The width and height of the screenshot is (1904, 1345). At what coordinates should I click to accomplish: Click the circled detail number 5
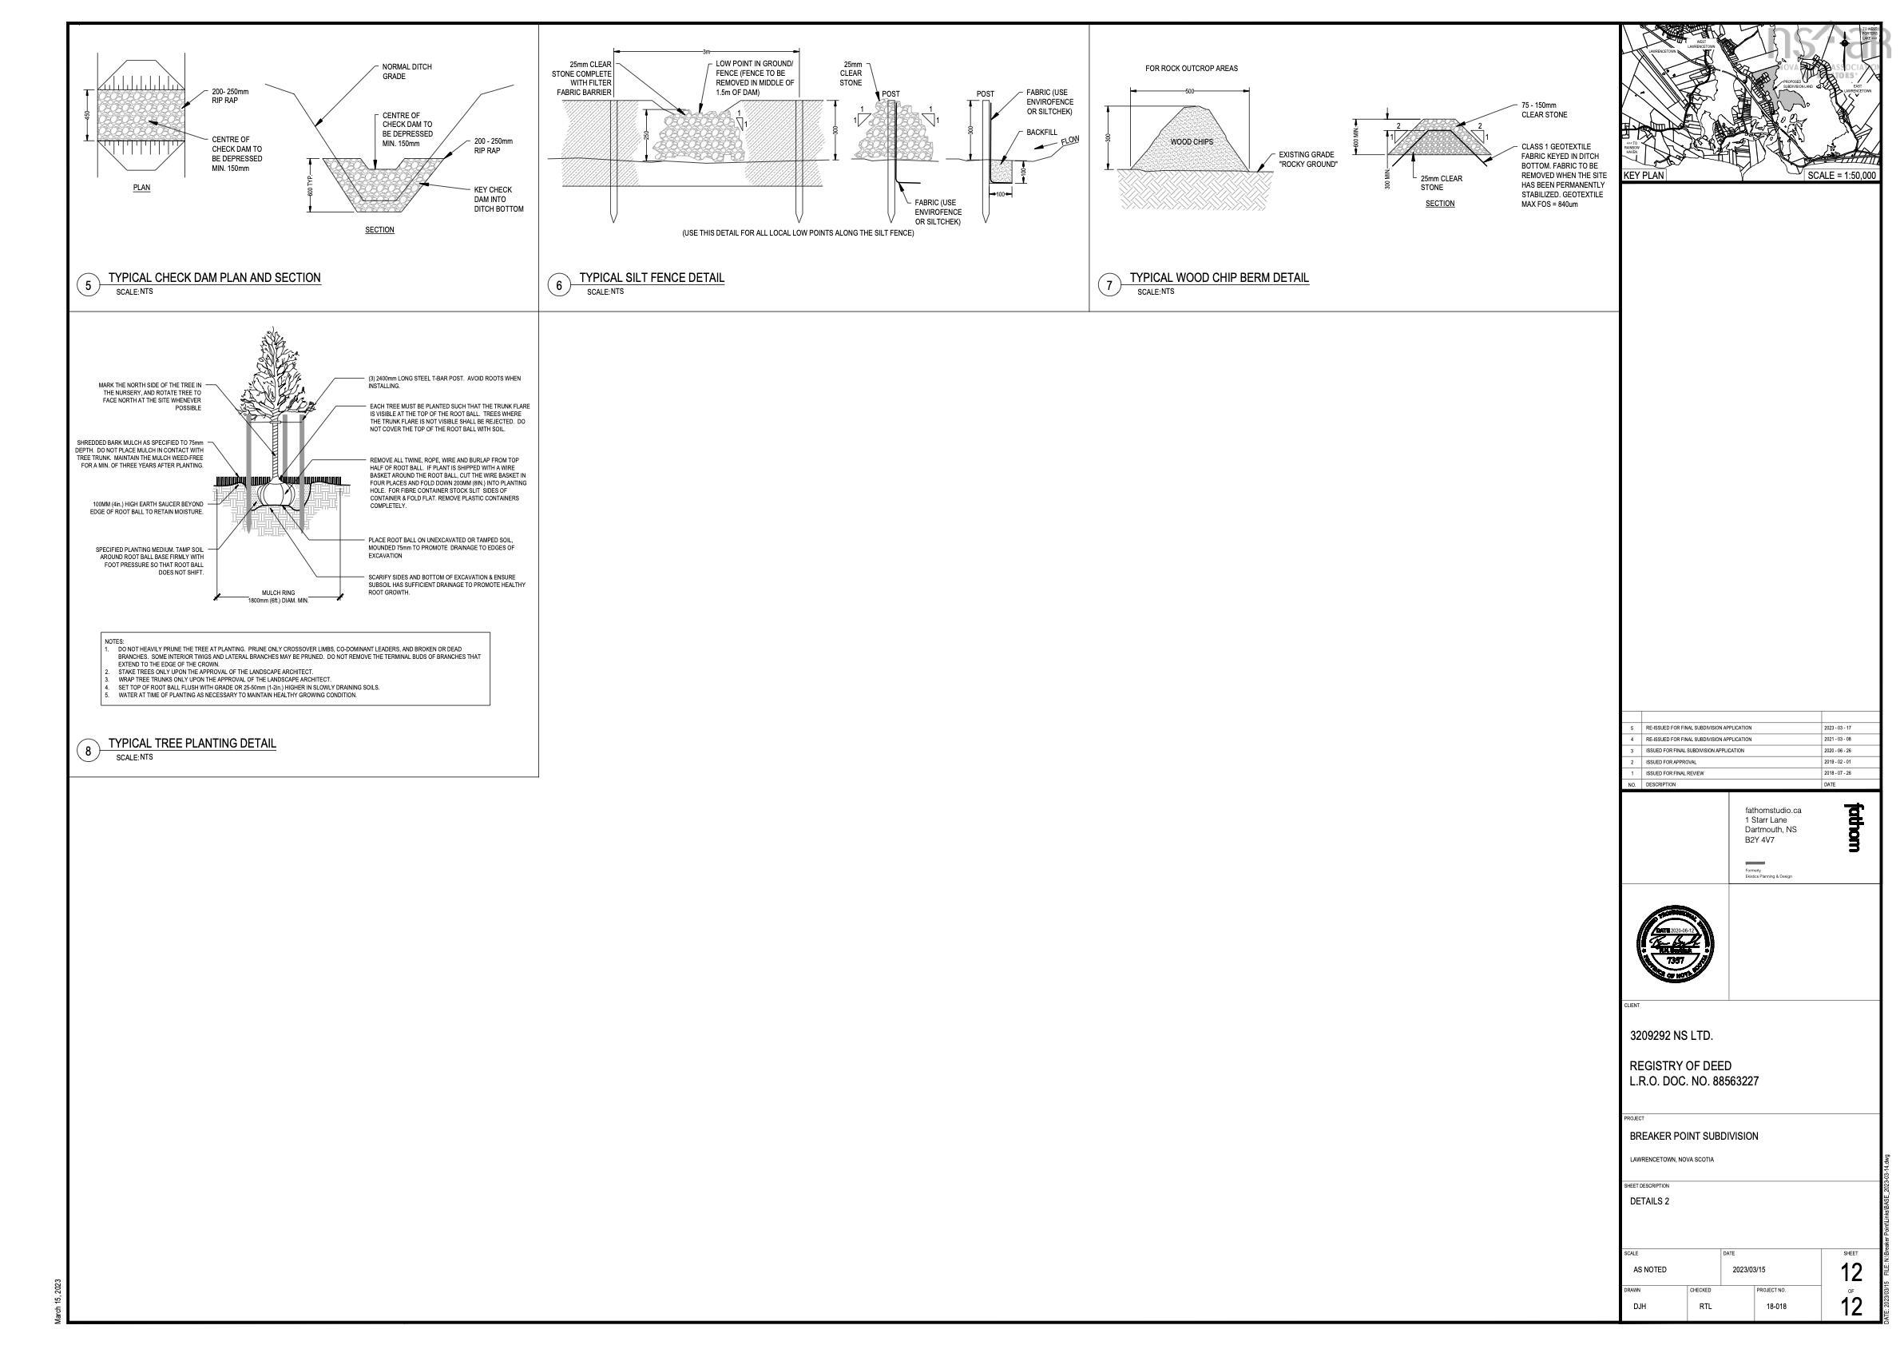[88, 285]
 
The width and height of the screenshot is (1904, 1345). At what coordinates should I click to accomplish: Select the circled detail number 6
[559, 285]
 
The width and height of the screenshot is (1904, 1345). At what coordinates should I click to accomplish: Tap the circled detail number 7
[1109, 285]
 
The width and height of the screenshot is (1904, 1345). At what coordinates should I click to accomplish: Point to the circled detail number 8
[88, 752]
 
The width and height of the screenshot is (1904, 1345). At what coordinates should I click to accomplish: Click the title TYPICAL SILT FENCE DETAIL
[651, 278]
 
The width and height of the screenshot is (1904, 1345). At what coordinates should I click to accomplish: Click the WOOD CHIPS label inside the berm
[1192, 142]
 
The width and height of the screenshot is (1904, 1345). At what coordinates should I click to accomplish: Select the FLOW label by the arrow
[1069, 141]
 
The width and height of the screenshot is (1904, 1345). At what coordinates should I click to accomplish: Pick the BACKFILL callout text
[1041, 133]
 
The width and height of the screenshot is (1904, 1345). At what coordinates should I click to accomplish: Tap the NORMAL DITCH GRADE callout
[407, 71]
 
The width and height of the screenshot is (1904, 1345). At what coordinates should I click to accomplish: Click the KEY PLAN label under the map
[1644, 176]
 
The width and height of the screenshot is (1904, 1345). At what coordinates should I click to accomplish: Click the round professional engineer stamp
[1676, 943]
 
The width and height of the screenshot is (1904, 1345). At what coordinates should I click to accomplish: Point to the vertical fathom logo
[1854, 827]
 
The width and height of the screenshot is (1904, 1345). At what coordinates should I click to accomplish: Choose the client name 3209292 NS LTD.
[1671, 1036]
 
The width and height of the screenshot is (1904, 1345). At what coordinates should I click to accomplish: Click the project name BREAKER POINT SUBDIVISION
[1693, 1136]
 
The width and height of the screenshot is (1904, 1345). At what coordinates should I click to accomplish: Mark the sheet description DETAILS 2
[1649, 1201]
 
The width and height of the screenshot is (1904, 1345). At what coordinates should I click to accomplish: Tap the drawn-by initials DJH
[1640, 1307]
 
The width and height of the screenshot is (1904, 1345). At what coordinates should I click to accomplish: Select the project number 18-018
[1776, 1307]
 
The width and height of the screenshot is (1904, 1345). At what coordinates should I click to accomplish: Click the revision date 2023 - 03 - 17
[1838, 728]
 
